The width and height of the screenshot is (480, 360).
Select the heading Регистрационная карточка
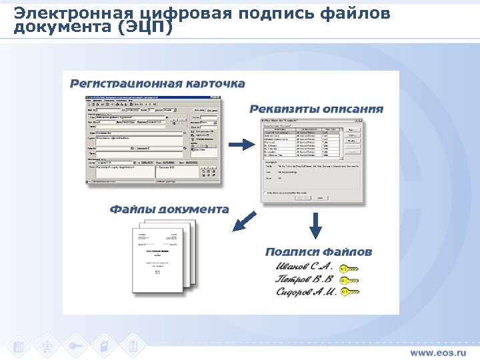coord(158,84)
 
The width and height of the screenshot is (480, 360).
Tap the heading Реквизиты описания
coord(316,109)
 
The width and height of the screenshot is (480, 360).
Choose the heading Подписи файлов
coord(318,252)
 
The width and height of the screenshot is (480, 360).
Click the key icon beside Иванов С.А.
coord(349,269)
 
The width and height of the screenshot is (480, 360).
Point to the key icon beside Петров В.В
coord(349,281)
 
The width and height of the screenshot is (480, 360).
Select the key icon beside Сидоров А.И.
coord(349,292)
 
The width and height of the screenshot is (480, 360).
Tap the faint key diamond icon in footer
coord(75,346)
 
